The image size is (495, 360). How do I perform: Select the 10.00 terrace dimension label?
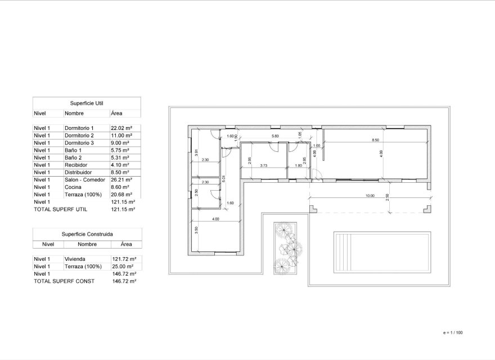[369, 196]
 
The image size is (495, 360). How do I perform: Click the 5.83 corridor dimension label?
[275, 136]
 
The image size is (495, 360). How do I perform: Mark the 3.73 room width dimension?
[263, 166]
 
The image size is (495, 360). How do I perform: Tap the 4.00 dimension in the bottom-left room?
[216, 219]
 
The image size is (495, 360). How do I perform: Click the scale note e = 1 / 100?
[453, 333]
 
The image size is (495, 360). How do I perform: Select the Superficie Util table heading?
[87, 103]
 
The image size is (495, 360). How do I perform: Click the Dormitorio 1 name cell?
[79, 128]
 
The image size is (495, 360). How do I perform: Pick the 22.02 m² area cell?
[121, 128]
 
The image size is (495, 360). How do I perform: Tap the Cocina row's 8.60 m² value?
[120, 187]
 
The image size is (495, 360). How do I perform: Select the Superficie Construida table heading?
[87, 233]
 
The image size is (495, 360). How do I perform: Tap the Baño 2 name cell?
[73, 157]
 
